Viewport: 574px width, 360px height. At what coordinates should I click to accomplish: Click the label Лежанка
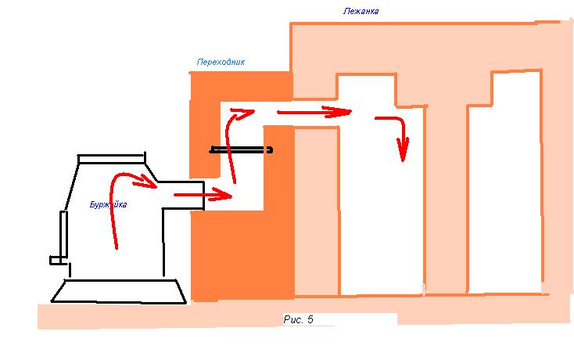pyautogui.click(x=361, y=12)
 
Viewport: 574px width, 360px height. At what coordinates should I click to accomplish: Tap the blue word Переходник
pyautogui.click(x=221, y=62)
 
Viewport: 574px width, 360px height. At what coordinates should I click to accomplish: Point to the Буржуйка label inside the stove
pyautogui.click(x=108, y=205)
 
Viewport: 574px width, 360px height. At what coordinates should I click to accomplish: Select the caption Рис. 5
pyautogui.click(x=298, y=320)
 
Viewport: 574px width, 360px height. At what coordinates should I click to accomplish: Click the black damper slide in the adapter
pyautogui.click(x=242, y=149)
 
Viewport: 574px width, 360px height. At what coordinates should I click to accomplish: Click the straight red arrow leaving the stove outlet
pyautogui.click(x=203, y=194)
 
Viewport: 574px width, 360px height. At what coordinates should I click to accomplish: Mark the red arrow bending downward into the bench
pyautogui.click(x=396, y=133)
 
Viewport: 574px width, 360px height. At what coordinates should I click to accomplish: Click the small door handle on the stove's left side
pyautogui.click(x=57, y=258)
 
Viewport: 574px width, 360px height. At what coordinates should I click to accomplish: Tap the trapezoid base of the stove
pyautogui.click(x=118, y=291)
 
